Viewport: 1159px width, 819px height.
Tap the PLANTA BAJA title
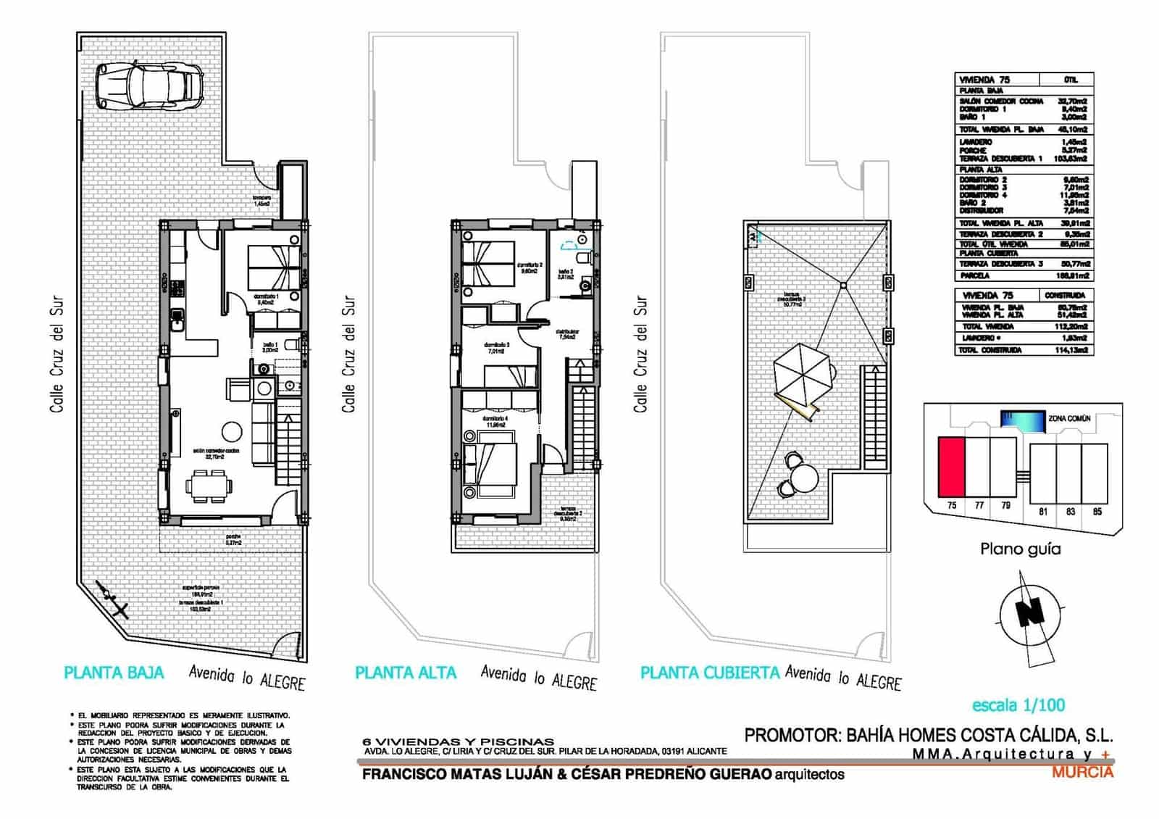(114, 673)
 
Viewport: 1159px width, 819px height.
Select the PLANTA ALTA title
(406, 673)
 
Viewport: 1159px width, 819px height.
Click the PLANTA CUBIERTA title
(710, 673)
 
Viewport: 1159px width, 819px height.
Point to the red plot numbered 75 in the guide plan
(952, 466)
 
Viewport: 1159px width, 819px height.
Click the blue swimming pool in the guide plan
(1022, 420)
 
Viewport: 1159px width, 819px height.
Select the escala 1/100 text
(1018, 704)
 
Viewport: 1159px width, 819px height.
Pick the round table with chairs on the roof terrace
(803, 478)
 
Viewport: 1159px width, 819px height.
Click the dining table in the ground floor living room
(210, 486)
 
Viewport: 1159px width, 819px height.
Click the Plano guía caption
(1020, 549)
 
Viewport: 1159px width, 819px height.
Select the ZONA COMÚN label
(1069, 419)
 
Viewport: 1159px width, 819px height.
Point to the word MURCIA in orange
(1082, 773)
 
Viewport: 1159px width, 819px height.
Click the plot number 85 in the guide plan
(1097, 512)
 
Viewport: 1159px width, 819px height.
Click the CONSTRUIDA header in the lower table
(1064, 296)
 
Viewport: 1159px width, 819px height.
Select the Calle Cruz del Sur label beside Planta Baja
(57, 356)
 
